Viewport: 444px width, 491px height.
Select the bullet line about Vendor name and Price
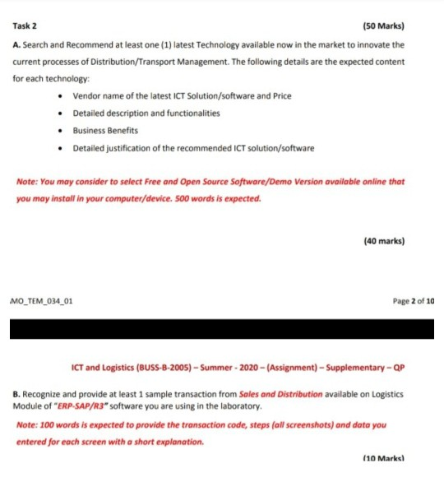click(x=182, y=95)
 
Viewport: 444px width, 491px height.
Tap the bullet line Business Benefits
click(x=105, y=130)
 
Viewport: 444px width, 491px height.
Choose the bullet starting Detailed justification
click(x=193, y=148)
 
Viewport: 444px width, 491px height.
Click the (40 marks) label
click(x=383, y=241)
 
